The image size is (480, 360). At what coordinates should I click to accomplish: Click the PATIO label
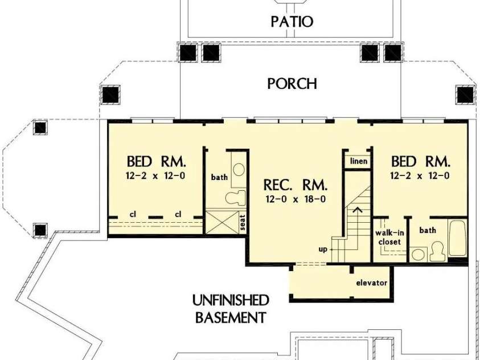[292, 22]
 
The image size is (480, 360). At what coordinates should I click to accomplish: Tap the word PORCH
[292, 84]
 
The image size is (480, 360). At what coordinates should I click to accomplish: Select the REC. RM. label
[295, 185]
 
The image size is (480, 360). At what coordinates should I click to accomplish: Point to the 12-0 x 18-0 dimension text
[295, 199]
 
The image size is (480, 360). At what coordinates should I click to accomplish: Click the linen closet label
[358, 161]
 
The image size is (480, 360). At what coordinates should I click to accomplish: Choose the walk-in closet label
[389, 237]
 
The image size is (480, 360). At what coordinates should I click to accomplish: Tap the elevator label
[371, 283]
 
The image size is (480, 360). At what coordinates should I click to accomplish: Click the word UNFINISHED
[230, 300]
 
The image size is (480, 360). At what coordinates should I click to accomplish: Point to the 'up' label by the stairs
[322, 249]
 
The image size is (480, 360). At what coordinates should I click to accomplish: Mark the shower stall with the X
[221, 222]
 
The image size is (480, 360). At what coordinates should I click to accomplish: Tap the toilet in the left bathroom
[235, 197]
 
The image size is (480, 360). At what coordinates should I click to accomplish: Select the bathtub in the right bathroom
[458, 238]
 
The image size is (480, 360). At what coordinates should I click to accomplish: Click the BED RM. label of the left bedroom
[155, 161]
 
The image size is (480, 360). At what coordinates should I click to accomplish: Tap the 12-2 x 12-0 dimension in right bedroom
[420, 176]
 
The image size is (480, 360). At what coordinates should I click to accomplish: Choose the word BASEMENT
[230, 317]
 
